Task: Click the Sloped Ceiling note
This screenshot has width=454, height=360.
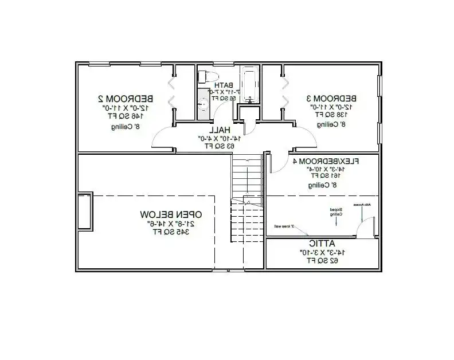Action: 335,213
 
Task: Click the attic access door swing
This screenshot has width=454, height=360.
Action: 362,229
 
